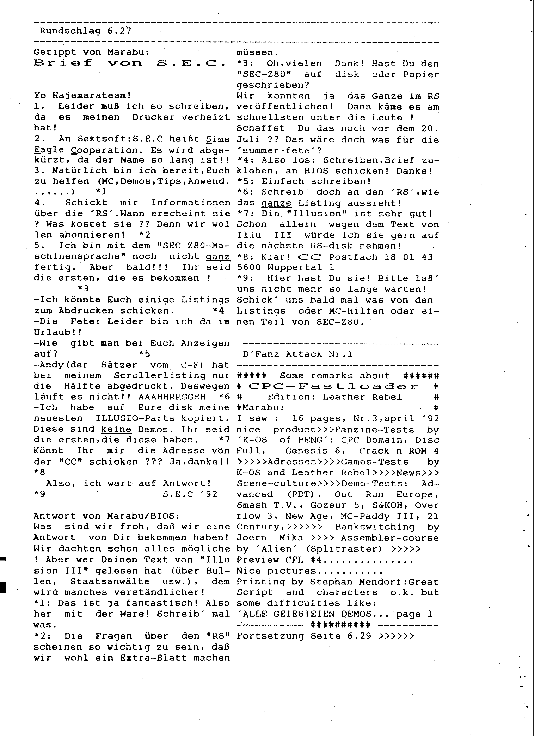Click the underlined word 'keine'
pos(116,429)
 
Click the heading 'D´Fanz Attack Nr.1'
pos(297,354)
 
